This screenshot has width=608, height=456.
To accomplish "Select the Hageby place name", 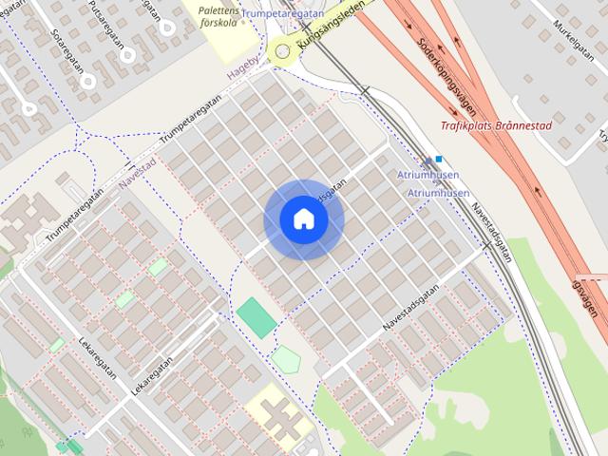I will (244, 71).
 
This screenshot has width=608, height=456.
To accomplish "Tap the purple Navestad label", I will (138, 177).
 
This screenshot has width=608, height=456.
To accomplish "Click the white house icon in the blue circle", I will (304, 219).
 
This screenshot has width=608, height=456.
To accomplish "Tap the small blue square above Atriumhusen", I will (439, 159).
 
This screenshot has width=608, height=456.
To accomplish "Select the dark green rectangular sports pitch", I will (256, 317).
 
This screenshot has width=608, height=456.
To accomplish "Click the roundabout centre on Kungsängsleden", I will (282, 51).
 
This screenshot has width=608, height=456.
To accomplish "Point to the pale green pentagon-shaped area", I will (286, 360).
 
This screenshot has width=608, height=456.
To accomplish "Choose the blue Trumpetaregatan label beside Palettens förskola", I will (283, 14).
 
